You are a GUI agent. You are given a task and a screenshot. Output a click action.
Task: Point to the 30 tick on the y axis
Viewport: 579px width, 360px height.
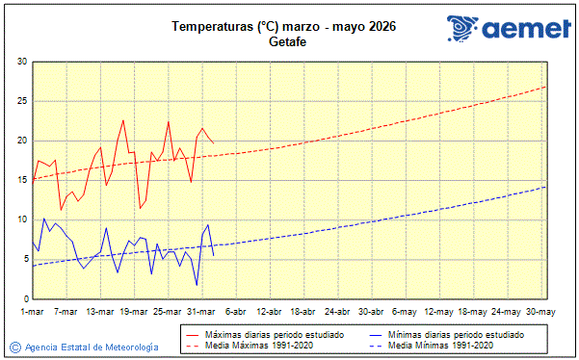tap(21, 62)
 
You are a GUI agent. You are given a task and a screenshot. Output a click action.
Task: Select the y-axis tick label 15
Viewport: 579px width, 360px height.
tap(21, 180)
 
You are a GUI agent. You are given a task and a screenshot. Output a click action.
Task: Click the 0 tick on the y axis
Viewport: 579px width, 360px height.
tap(24, 298)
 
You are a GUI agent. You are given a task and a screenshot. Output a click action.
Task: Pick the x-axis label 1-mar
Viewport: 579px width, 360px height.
tap(34, 312)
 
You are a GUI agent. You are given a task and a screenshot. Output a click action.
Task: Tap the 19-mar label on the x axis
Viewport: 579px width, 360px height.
tap(134, 312)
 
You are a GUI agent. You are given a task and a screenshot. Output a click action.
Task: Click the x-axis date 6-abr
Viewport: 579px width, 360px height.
tap(236, 312)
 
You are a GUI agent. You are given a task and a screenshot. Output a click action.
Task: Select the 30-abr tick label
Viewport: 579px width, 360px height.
tap(371, 312)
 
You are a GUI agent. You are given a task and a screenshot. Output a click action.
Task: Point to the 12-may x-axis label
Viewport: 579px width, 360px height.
tap(438, 312)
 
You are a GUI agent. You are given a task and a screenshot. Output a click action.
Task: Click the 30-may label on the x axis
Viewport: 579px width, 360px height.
tap(540, 312)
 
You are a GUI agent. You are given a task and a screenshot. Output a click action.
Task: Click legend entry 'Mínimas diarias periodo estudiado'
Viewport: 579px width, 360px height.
tap(456, 334)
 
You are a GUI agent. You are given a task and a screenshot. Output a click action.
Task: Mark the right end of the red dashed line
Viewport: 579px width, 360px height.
tap(546, 87)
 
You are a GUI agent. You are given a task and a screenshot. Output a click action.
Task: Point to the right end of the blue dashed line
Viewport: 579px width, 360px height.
tap(546, 187)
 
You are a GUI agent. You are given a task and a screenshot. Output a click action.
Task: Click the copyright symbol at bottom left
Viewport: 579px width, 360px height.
tap(15, 347)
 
